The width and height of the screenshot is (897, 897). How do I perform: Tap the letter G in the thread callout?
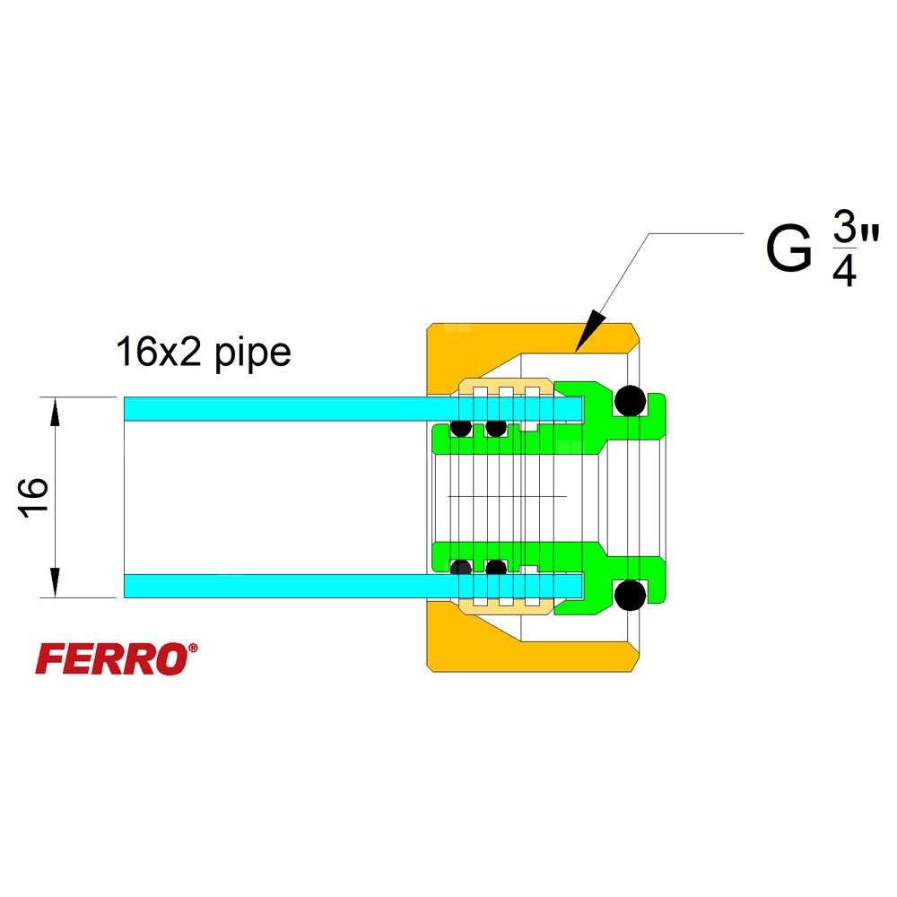788,252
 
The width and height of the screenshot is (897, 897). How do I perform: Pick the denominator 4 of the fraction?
843,271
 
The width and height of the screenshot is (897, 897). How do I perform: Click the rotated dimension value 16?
33,497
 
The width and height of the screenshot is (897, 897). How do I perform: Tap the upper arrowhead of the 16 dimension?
55,413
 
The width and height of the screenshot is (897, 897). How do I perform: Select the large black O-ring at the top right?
630,400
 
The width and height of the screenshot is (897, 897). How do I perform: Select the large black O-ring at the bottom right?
630,594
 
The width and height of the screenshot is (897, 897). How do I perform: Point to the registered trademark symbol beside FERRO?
193,647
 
